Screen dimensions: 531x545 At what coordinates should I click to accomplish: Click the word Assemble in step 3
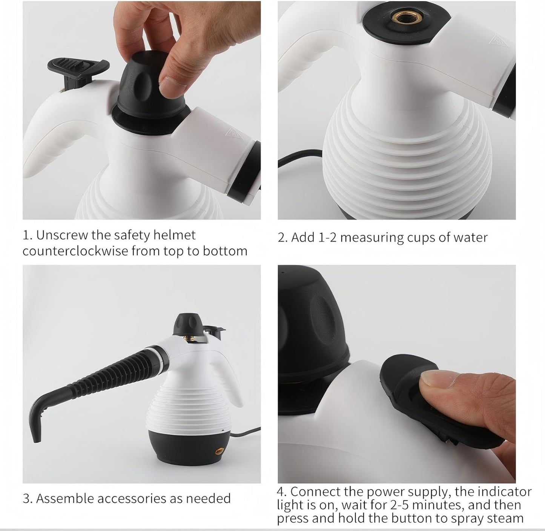[x=64, y=499]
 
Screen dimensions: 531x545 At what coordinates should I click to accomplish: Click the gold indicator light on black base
[x=218, y=450]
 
